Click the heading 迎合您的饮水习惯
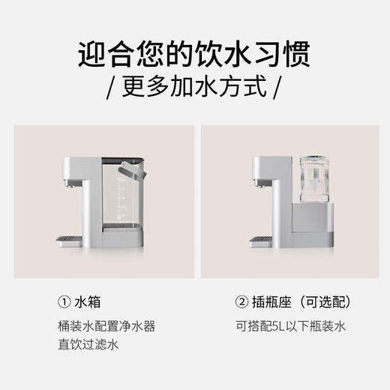pos(194,55)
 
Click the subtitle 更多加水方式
pos(194,88)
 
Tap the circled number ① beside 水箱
pos(63,302)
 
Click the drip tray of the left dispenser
pos(67,239)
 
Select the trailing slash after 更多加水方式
pos(277,88)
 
